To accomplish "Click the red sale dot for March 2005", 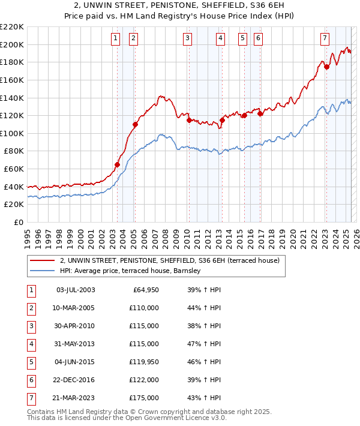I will (135, 125).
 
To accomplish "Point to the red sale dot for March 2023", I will (327, 67).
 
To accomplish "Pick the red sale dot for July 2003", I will (117, 165).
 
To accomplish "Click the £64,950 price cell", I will (145, 290).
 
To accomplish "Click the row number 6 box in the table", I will (31, 380).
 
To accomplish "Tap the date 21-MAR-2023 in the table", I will (75, 397).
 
